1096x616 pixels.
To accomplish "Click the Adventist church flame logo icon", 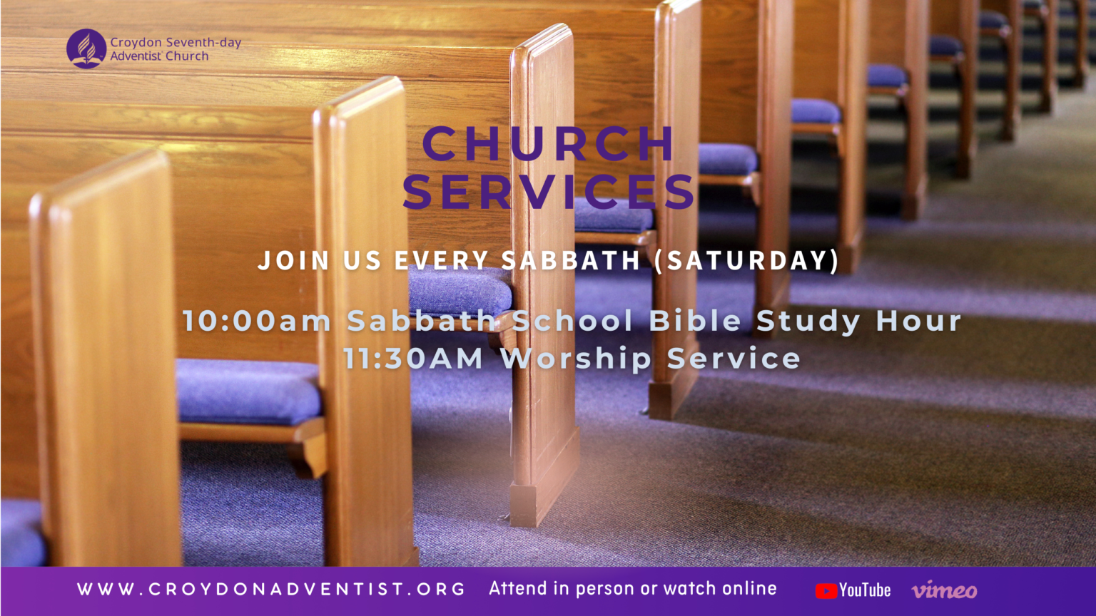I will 86,48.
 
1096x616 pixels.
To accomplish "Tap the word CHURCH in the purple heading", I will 548,145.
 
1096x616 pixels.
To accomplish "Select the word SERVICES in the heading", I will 548,192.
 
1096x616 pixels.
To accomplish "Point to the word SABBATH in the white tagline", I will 571,261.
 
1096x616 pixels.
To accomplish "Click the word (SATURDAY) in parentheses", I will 746,261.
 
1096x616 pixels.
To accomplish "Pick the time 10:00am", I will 257,321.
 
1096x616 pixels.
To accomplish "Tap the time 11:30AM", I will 414,359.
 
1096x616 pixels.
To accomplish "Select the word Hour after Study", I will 919,321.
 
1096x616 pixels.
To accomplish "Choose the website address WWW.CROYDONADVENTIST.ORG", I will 271,590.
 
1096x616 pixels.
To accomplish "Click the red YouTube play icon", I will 826,590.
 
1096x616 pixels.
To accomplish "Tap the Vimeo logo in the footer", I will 944,590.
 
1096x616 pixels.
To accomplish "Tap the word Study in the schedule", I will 808,321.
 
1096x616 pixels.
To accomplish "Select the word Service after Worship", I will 734,359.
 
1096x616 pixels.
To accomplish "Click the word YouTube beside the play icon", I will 865,590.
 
